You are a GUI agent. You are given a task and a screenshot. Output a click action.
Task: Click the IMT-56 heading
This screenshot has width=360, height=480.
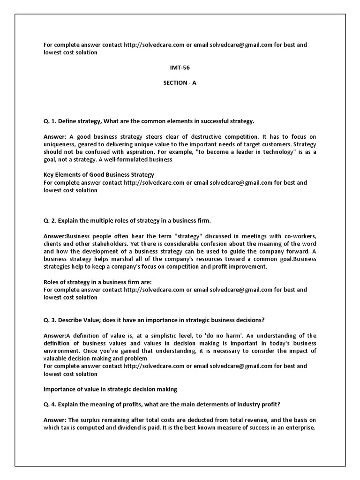tap(180, 67)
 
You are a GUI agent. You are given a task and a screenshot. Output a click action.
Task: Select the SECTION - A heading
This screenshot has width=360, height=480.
tap(180, 82)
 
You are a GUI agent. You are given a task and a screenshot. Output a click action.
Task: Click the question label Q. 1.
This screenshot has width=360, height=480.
tap(50, 121)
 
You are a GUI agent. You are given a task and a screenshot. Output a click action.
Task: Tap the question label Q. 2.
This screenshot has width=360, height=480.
tap(50, 220)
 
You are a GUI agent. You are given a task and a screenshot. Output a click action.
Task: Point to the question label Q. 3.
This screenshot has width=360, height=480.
tap(50, 320)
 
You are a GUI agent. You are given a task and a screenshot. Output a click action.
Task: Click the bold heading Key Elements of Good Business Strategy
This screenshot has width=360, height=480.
tap(99, 174)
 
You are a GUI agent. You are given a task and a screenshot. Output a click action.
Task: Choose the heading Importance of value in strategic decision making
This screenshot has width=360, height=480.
tap(110, 389)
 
